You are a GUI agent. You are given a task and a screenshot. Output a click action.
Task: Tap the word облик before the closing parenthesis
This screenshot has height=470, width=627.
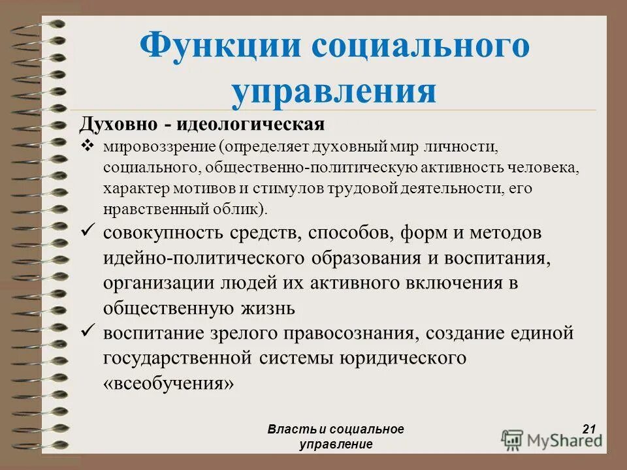click(x=238, y=210)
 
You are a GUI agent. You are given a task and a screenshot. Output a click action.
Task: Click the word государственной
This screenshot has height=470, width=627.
click(x=178, y=358)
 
